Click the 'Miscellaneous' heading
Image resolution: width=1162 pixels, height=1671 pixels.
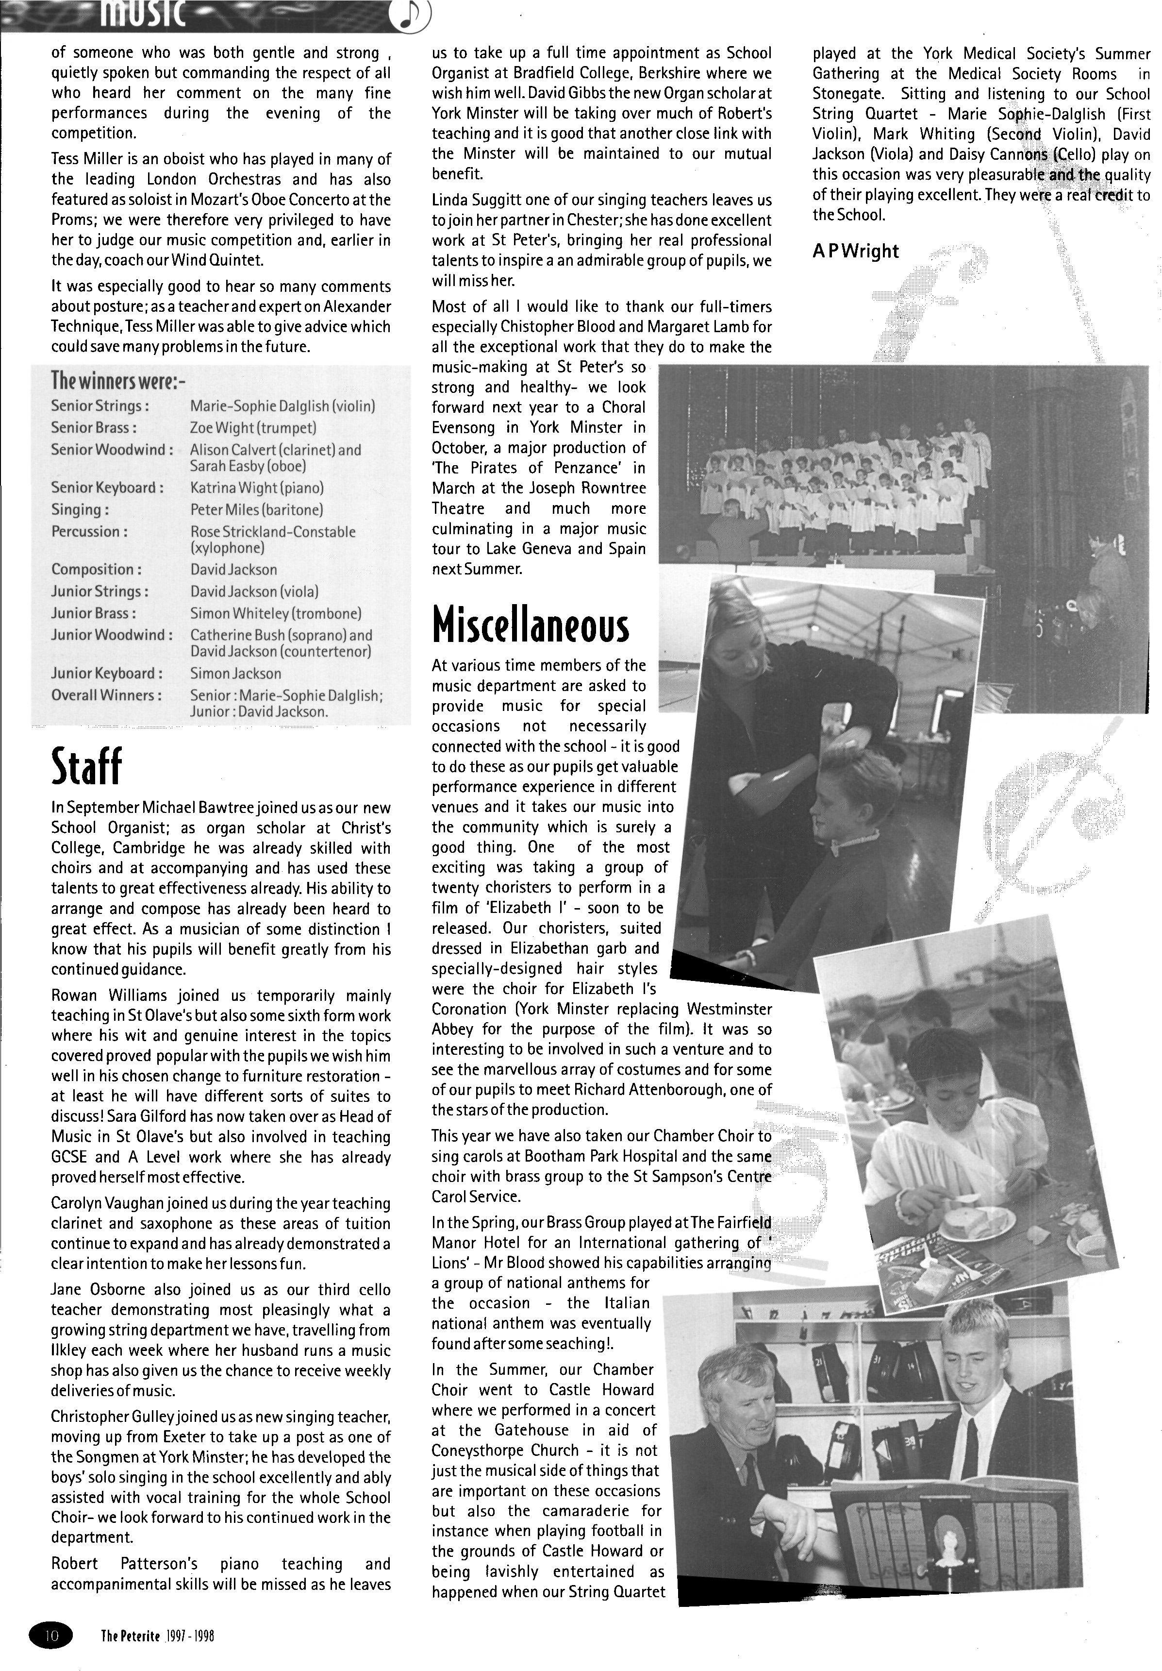point(530,623)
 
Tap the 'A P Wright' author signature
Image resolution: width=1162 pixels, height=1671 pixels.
point(855,251)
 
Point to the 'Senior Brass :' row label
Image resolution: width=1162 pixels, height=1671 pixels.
point(94,428)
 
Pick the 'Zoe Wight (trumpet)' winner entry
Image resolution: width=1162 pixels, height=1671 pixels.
point(253,428)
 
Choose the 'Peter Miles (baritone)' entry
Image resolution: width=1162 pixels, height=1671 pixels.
point(256,509)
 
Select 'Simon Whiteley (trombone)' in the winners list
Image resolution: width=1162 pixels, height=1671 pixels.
point(275,613)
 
